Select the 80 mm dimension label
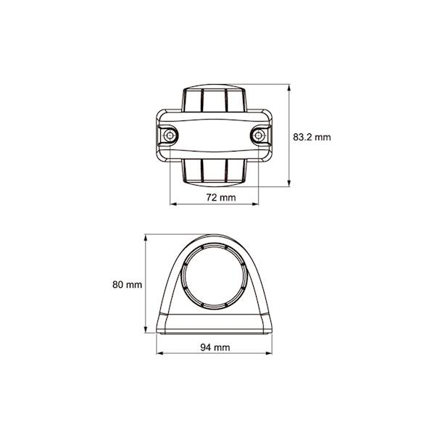[x=127, y=285]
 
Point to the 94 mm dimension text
[x=215, y=348]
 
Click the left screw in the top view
[x=170, y=136]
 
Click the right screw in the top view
[x=259, y=136]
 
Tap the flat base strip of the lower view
[x=215, y=323]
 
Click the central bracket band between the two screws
[x=215, y=136]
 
